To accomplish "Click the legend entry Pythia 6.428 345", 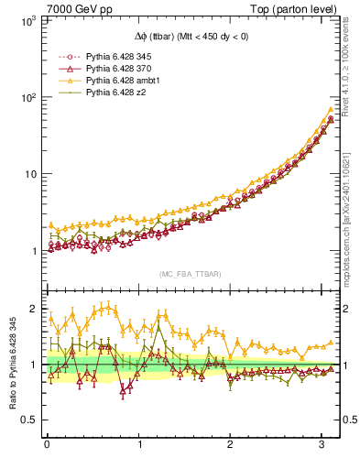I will pyautogui.click(x=115, y=56).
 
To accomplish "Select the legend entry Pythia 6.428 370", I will pyautogui.click(x=115, y=69).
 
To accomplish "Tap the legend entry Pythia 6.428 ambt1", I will pyautogui.click(x=118, y=81).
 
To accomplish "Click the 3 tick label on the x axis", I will pyautogui.click(x=324, y=445).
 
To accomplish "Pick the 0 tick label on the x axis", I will pyautogui.click(x=47, y=445).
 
